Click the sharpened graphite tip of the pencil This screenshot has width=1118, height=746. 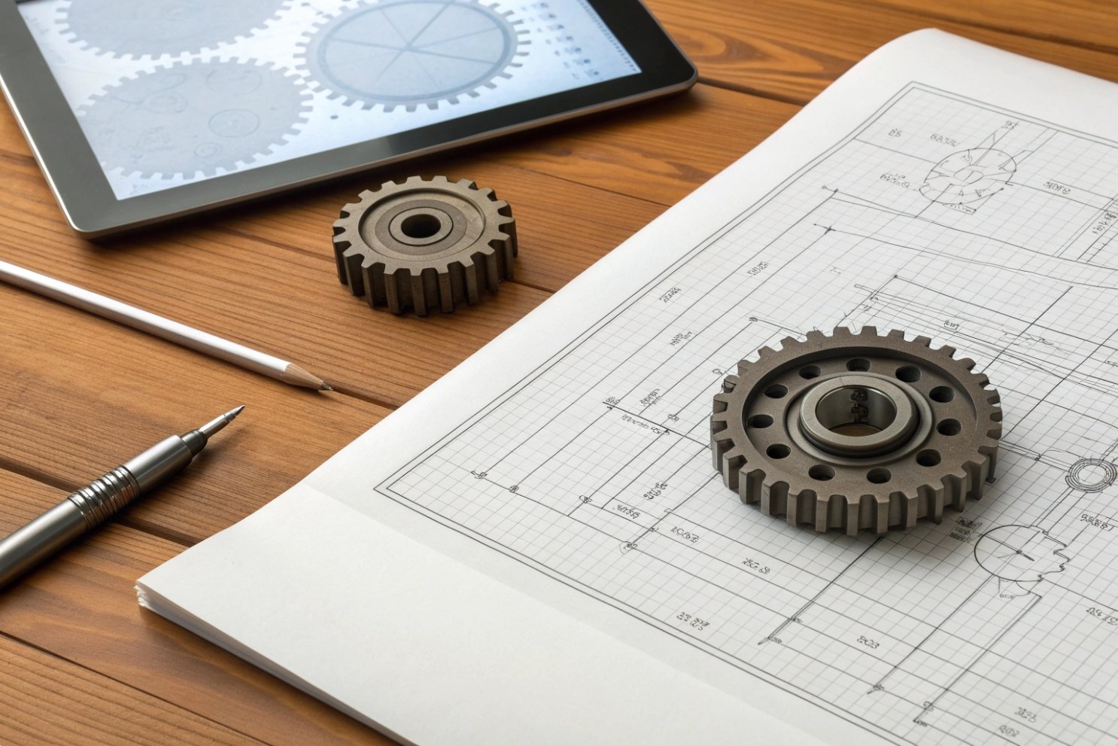point(328,388)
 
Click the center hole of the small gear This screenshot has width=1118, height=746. point(420,225)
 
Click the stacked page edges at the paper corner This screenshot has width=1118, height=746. point(143,595)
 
